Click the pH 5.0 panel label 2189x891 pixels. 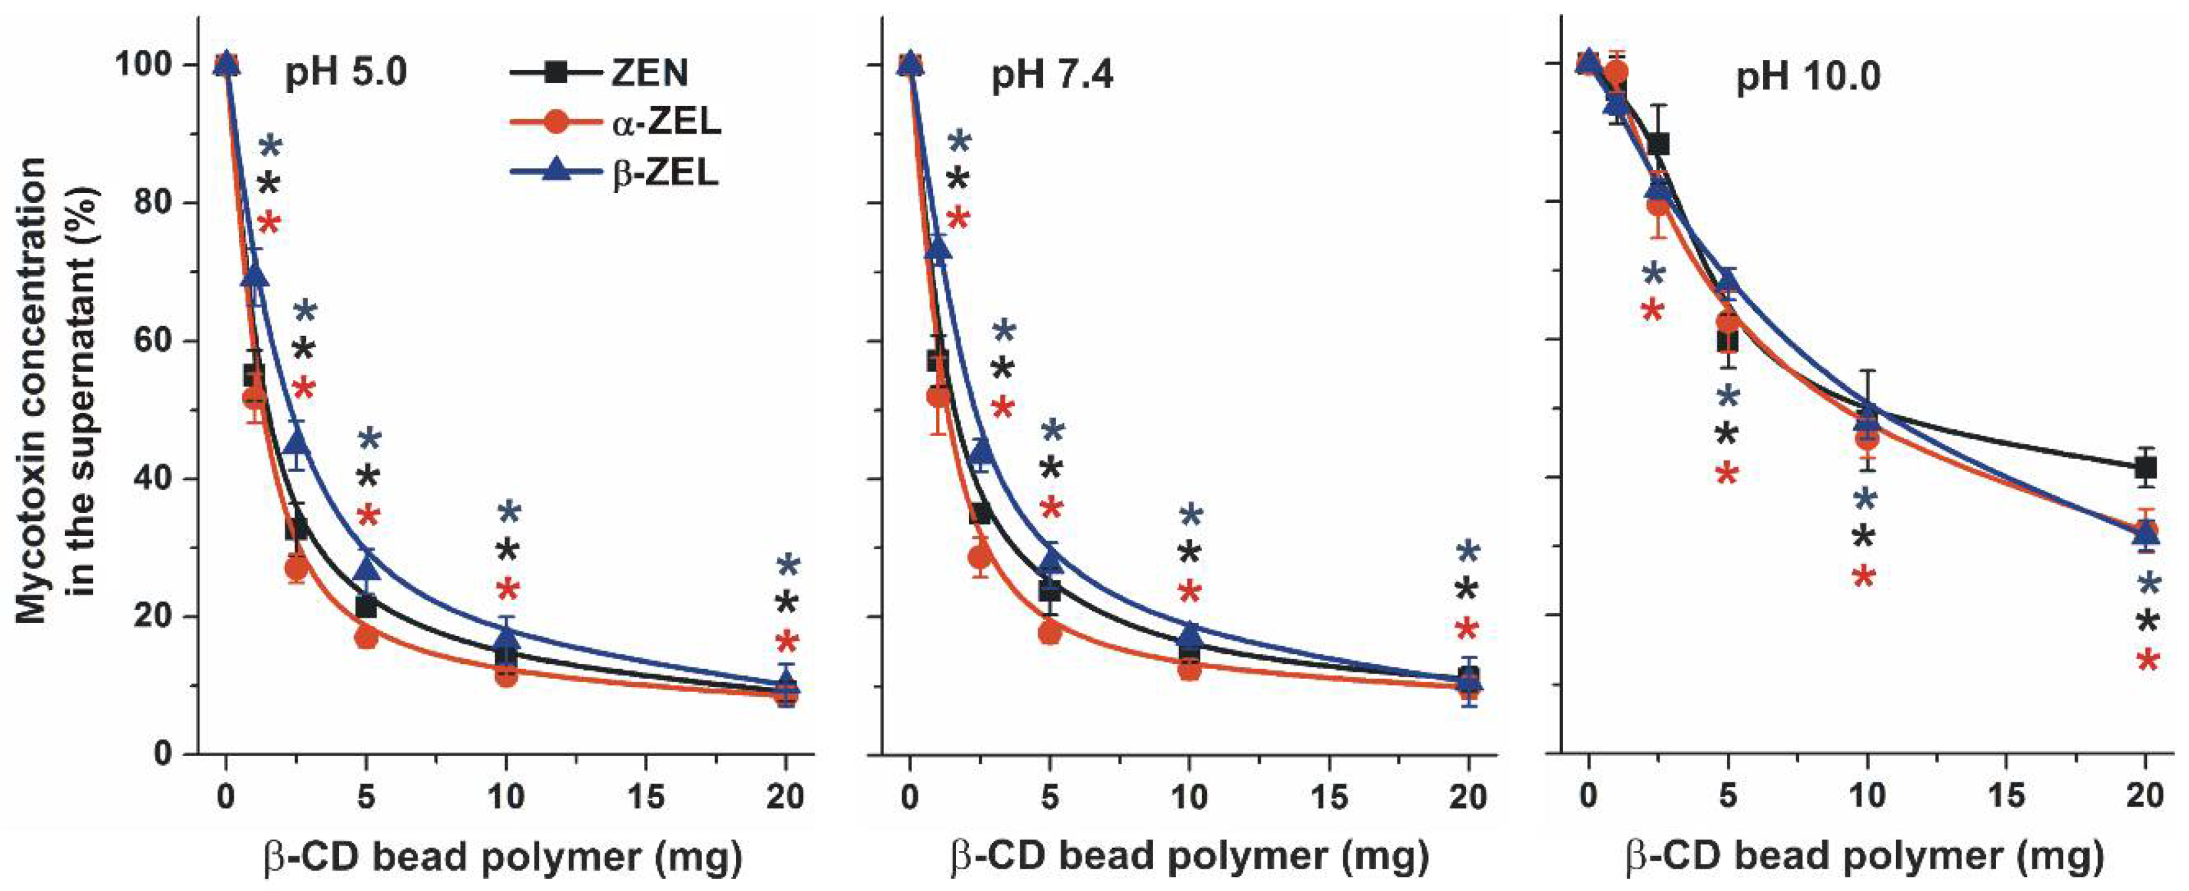tap(346, 73)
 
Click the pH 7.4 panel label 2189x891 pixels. tap(1052, 76)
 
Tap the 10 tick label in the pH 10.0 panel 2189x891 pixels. tap(1867, 797)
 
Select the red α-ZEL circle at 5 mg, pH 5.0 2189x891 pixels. tap(366, 636)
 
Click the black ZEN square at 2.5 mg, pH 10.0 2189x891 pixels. tap(1658, 144)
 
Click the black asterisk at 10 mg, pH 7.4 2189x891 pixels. tap(1190, 553)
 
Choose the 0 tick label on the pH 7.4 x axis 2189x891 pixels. tap(909, 797)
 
